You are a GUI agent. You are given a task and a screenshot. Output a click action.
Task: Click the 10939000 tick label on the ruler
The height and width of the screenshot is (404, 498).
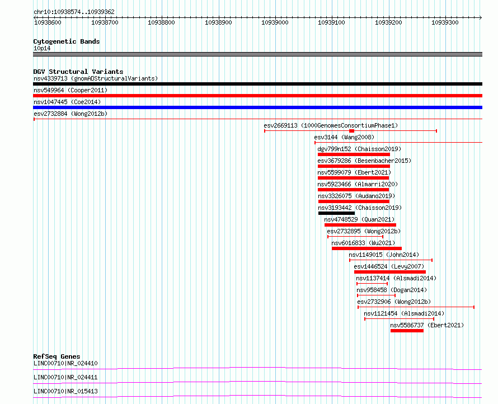point(274,22)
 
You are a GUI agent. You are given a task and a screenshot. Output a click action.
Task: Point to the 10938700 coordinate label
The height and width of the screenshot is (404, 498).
point(105,22)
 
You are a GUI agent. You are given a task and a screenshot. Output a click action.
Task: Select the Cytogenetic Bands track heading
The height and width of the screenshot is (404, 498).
point(66,41)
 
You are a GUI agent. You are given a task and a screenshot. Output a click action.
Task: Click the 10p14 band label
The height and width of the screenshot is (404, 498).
point(41,48)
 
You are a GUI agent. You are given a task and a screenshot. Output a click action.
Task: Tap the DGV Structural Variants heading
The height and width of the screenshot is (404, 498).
point(78,72)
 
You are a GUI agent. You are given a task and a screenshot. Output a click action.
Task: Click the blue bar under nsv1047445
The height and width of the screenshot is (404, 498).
point(257,107)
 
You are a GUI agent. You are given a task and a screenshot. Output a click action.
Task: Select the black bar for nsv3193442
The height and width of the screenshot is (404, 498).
point(336,213)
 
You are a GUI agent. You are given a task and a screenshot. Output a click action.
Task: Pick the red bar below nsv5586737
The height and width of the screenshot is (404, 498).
point(407,331)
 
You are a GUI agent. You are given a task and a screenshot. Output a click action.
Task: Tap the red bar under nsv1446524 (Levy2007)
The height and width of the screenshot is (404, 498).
point(389,272)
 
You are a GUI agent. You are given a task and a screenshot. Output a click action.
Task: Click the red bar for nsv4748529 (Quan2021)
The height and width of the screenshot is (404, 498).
point(360,225)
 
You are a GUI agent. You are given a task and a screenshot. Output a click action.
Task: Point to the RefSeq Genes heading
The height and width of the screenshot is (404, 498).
point(57,356)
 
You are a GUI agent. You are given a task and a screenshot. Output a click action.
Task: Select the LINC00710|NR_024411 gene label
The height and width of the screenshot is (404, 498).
point(65,377)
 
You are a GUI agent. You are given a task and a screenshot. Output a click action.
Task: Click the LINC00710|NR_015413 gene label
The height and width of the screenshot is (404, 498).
point(65,391)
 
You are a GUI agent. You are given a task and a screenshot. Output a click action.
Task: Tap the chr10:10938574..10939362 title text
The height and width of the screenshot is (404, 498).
point(74,12)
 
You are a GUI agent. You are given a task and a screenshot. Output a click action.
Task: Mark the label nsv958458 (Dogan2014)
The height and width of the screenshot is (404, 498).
point(392,290)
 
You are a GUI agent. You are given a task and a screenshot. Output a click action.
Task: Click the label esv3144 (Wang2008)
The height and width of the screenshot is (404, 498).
point(344,137)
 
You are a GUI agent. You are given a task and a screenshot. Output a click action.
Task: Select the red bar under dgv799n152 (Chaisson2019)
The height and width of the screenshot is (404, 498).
point(354,154)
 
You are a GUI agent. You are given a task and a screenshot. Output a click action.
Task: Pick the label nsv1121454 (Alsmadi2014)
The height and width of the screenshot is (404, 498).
point(404,313)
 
